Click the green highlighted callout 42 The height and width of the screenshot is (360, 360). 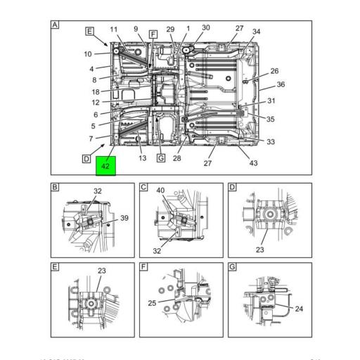(105, 167)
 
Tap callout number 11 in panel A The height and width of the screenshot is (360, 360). (113, 29)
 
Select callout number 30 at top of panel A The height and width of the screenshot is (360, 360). (206, 28)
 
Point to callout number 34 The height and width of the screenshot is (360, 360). (256, 32)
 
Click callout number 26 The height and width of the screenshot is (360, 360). (274, 71)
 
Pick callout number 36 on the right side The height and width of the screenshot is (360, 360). (280, 84)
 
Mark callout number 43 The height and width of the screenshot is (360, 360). (253, 163)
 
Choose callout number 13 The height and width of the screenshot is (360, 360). (142, 159)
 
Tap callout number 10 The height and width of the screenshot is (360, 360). (88, 54)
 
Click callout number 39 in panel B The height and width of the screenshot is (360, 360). (124, 219)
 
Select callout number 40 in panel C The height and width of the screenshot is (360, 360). (160, 190)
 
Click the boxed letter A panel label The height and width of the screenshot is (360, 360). (55, 25)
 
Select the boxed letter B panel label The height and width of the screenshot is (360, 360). (55, 187)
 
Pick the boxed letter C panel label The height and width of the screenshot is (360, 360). (143, 187)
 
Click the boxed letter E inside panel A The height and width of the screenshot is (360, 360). (89, 31)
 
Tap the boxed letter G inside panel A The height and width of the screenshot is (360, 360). (160, 158)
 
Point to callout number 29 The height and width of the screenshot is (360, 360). (170, 29)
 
